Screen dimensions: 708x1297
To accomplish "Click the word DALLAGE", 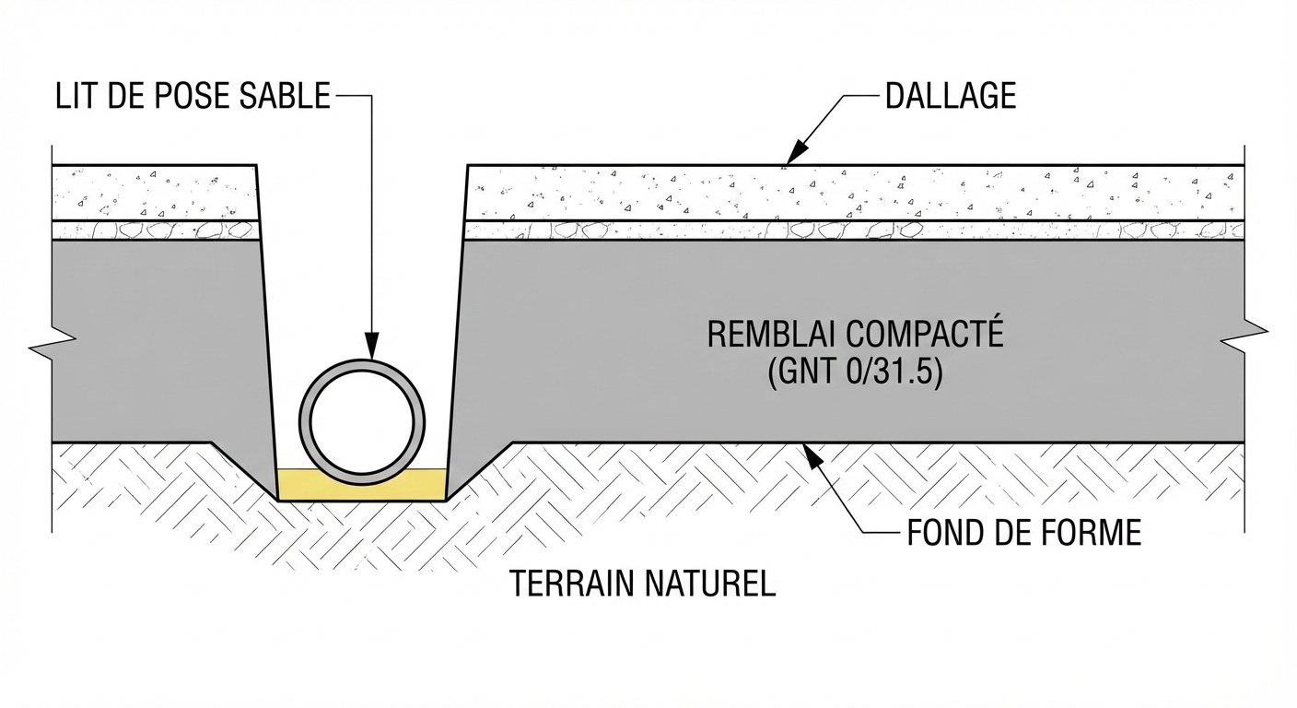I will coord(950,96).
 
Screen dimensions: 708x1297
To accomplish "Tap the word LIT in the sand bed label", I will coord(76,97).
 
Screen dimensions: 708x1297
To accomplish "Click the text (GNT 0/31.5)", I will coord(854,373).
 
